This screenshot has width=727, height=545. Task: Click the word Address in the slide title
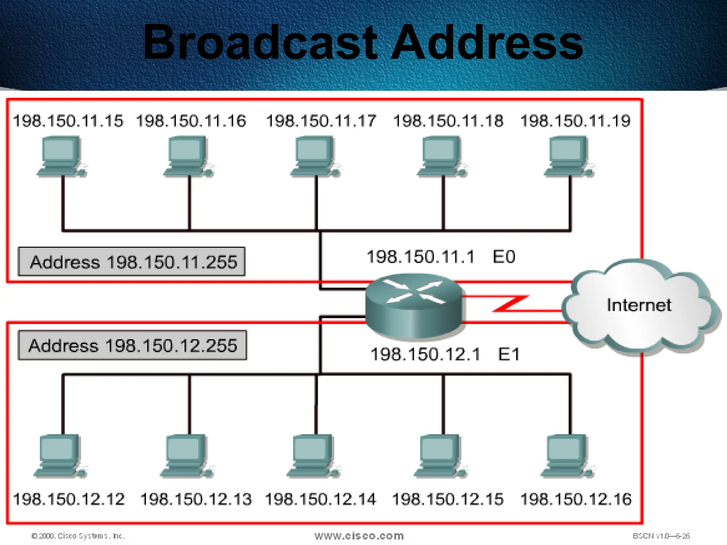[x=487, y=43]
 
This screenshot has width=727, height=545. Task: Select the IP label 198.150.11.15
[x=68, y=121]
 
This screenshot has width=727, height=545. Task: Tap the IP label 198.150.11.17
[x=321, y=121]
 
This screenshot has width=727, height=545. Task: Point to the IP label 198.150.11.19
[x=575, y=121]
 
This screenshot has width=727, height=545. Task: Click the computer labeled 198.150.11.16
[x=188, y=156]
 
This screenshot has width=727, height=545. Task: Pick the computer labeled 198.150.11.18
[x=442, y=156]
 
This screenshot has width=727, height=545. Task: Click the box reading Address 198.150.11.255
[x=132, y=262]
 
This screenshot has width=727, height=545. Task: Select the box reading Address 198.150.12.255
[x=132, y=346]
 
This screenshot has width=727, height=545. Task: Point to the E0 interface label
[x=504, y=257]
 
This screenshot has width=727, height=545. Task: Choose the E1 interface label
[x=509, y=354]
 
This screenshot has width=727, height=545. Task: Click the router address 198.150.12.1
[x=425, y=354]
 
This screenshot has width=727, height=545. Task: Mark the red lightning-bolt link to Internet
[x=511, y=304]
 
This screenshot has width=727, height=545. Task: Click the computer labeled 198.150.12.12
[x=60, y=456]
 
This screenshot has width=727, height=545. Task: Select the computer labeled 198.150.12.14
[x=313, y=456]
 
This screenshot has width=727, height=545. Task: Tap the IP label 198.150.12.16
[x=576, y=499]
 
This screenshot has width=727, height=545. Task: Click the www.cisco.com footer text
[x=359, y=536]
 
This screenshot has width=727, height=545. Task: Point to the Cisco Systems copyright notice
[x=78, y=536]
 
